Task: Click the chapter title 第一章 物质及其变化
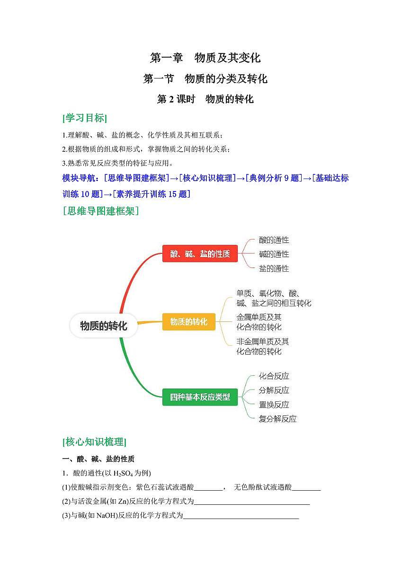tap(205, 58)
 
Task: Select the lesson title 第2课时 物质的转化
tap(205, 99)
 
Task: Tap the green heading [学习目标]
tap(85, 118)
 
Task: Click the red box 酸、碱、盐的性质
tap(200, 253)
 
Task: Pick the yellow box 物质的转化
tap(189, 321)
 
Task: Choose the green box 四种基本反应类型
tap(200, 397)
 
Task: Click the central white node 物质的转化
tap(104, 326)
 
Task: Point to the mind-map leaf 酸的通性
tap(274, 240)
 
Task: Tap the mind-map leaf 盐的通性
tap(274, 268)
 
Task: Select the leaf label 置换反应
tap(274, 405)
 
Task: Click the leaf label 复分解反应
tap(277, 419)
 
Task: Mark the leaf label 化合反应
tap(274, 376)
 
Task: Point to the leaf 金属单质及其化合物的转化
tap(259, 322)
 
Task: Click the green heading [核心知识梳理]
tap(94, 441)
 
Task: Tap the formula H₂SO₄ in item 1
tap(123, 473)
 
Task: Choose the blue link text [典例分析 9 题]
tap(274, 178)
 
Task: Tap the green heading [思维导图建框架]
tap(100, 211)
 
